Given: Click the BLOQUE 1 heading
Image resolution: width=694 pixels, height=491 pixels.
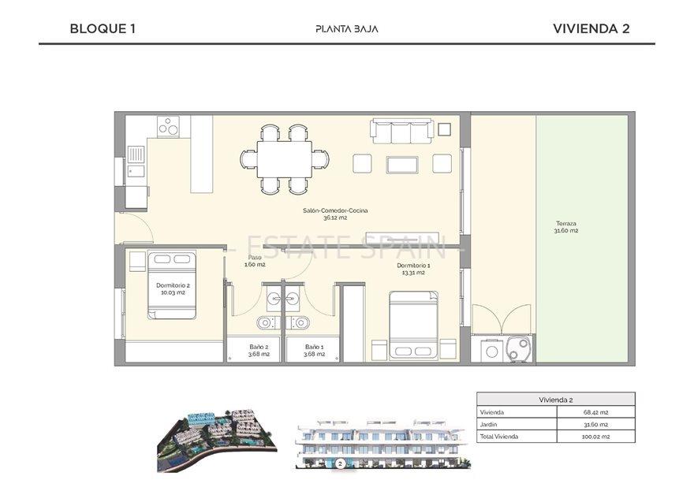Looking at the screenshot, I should pos(103,28).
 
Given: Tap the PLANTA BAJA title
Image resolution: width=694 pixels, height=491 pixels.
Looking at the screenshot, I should pos(346,29).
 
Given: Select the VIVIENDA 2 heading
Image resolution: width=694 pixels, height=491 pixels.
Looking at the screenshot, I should pos(591,28).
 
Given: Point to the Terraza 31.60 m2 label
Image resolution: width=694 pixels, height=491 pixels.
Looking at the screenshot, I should pos(565,227).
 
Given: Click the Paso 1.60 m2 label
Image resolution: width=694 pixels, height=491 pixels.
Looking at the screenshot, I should pos(255,261).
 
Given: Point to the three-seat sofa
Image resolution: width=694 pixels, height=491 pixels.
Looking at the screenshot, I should pos(401,132).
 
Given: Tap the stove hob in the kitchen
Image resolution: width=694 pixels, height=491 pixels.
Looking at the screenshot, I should pos(168,126).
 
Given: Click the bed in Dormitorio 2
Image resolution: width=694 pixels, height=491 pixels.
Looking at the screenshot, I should pos(172,285).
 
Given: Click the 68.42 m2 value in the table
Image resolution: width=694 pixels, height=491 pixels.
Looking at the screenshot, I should pos(595,412).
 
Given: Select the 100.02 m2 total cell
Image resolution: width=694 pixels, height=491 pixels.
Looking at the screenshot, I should pos(595,436).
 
